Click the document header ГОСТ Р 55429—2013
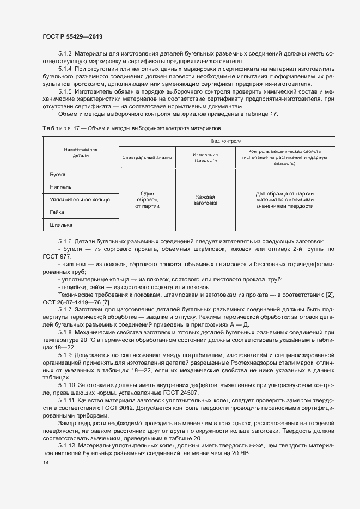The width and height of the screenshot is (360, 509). tap(72, 36)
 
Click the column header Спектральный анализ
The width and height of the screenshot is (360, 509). tap(147, 157)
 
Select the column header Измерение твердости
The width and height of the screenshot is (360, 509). tap(205, 157)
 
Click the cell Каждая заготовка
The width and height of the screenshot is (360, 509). tap(205, 200)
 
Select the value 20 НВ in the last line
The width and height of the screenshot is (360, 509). tap(239, 453)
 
